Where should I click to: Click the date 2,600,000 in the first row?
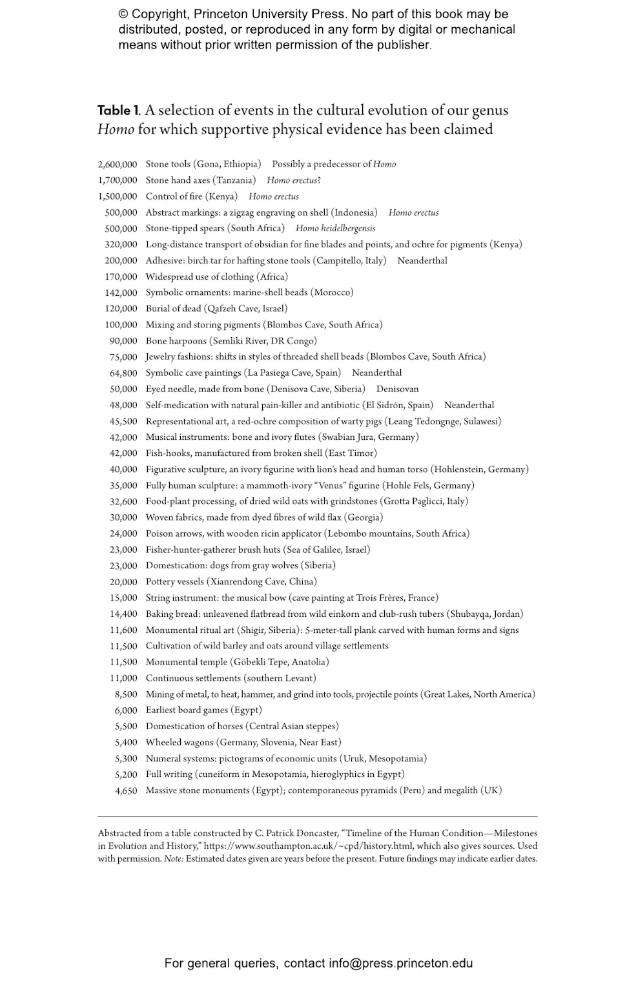click(118, 164)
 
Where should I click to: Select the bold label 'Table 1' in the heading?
click(119, 110)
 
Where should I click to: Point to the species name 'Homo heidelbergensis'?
click(335, 228)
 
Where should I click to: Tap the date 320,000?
click(121, 244)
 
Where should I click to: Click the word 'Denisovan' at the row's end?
click(397, 389)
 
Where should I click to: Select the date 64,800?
click(123, 373)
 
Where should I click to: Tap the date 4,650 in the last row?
click(126, 791)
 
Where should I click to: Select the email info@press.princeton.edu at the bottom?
click(400, 963)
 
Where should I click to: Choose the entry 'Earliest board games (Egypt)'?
click(203, 710)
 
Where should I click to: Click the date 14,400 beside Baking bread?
click(123, 614)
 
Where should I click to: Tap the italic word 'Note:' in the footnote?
click(174, 858)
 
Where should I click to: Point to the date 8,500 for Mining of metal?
click(126, 694)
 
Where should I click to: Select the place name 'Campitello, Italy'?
click(349, 260)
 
